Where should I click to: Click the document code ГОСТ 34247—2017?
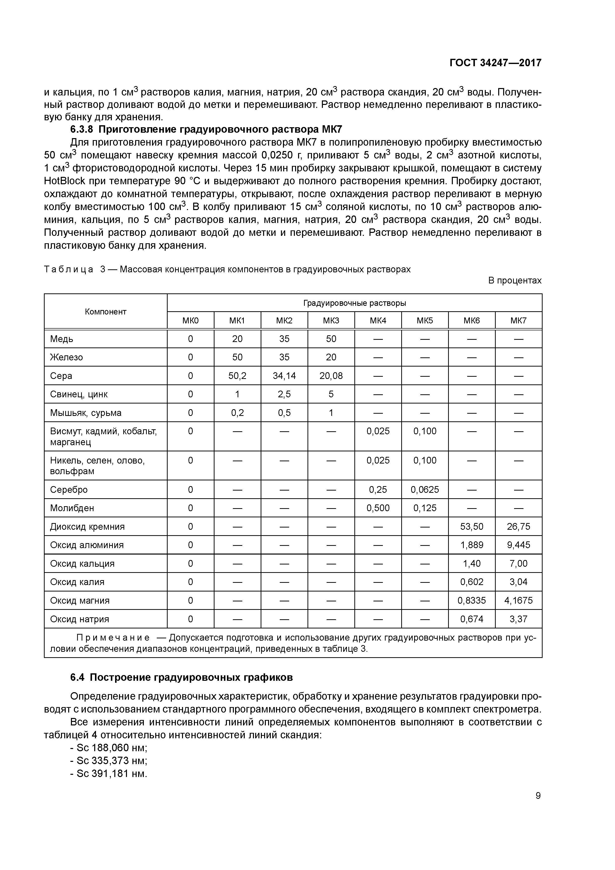coord(495,62)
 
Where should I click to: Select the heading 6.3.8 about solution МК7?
coord(206,130)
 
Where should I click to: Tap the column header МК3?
coord(331,321)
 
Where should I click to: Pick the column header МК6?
coord(471,321)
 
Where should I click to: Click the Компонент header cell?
coord(105,311)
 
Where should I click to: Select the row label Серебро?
coord(69,490)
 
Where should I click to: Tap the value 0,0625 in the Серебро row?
coord(425,490)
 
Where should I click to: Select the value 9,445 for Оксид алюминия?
coord(518,545)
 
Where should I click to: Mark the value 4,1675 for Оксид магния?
coord(518,601)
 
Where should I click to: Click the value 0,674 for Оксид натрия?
coord(472,619)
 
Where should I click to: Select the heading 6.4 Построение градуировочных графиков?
coord(182,678)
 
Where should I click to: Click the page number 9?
coord(538,796)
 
